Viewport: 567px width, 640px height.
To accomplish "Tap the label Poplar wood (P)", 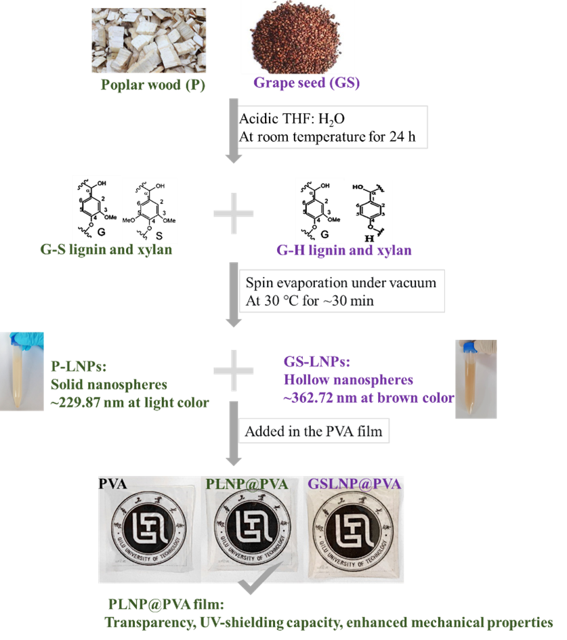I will point(153,85).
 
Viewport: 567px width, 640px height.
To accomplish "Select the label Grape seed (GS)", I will point(306,83).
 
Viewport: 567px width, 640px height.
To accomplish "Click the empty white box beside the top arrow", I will point(334,126).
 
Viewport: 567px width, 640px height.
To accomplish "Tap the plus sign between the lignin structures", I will point(233,213).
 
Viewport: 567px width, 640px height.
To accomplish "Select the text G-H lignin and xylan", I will point(344,251).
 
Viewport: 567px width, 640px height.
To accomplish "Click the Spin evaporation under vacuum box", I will point(342,292).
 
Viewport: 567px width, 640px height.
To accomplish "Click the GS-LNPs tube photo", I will point(475,379).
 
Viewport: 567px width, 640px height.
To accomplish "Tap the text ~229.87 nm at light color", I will point(130,403).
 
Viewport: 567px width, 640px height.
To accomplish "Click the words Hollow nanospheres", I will point(348,380).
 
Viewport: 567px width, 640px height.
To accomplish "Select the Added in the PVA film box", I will point(315,431).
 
